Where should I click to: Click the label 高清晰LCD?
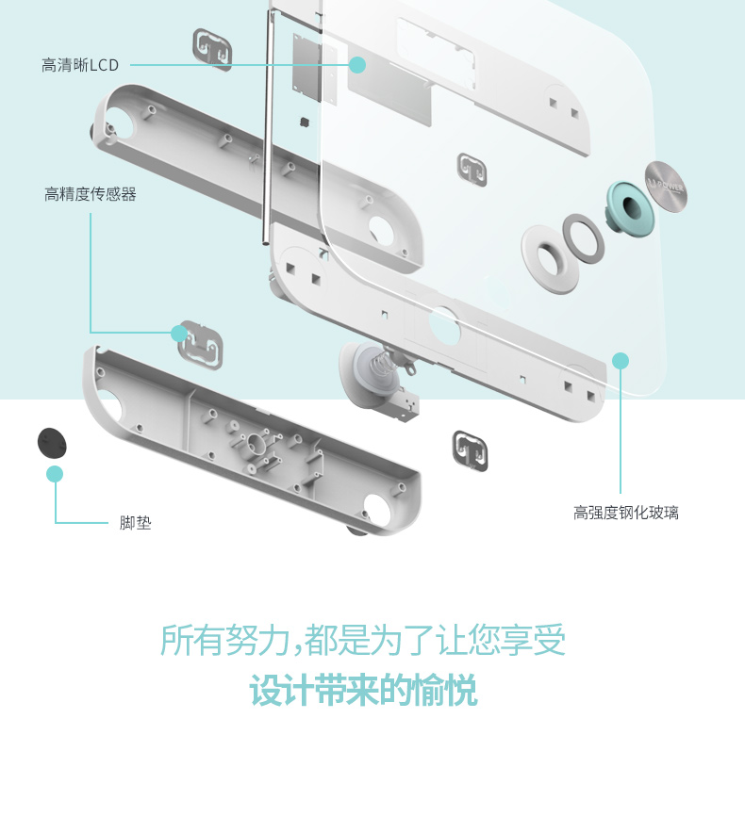(x=80, y=65)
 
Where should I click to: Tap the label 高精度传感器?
(x=91, y=194)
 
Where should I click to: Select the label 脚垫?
(x=135, y=523)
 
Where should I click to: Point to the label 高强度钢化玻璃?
(x=626, y=513)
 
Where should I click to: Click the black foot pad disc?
(x=52, y=443)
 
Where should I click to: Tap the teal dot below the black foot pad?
(x=55, y=474)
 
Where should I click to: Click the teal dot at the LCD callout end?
(x=357, y=65)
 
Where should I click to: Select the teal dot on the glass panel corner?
(x=620, y=361)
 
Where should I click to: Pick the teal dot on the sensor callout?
(x=179, y=334)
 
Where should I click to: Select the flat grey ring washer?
(x=584, y=238)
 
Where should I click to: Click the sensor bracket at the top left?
(x=212, y=49)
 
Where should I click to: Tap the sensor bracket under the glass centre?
(x=472, y=170)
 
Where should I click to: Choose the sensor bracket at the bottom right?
(x=470, y=451)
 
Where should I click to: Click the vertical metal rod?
(x=267, y=127)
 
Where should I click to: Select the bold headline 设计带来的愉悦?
(x=364, y=690)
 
